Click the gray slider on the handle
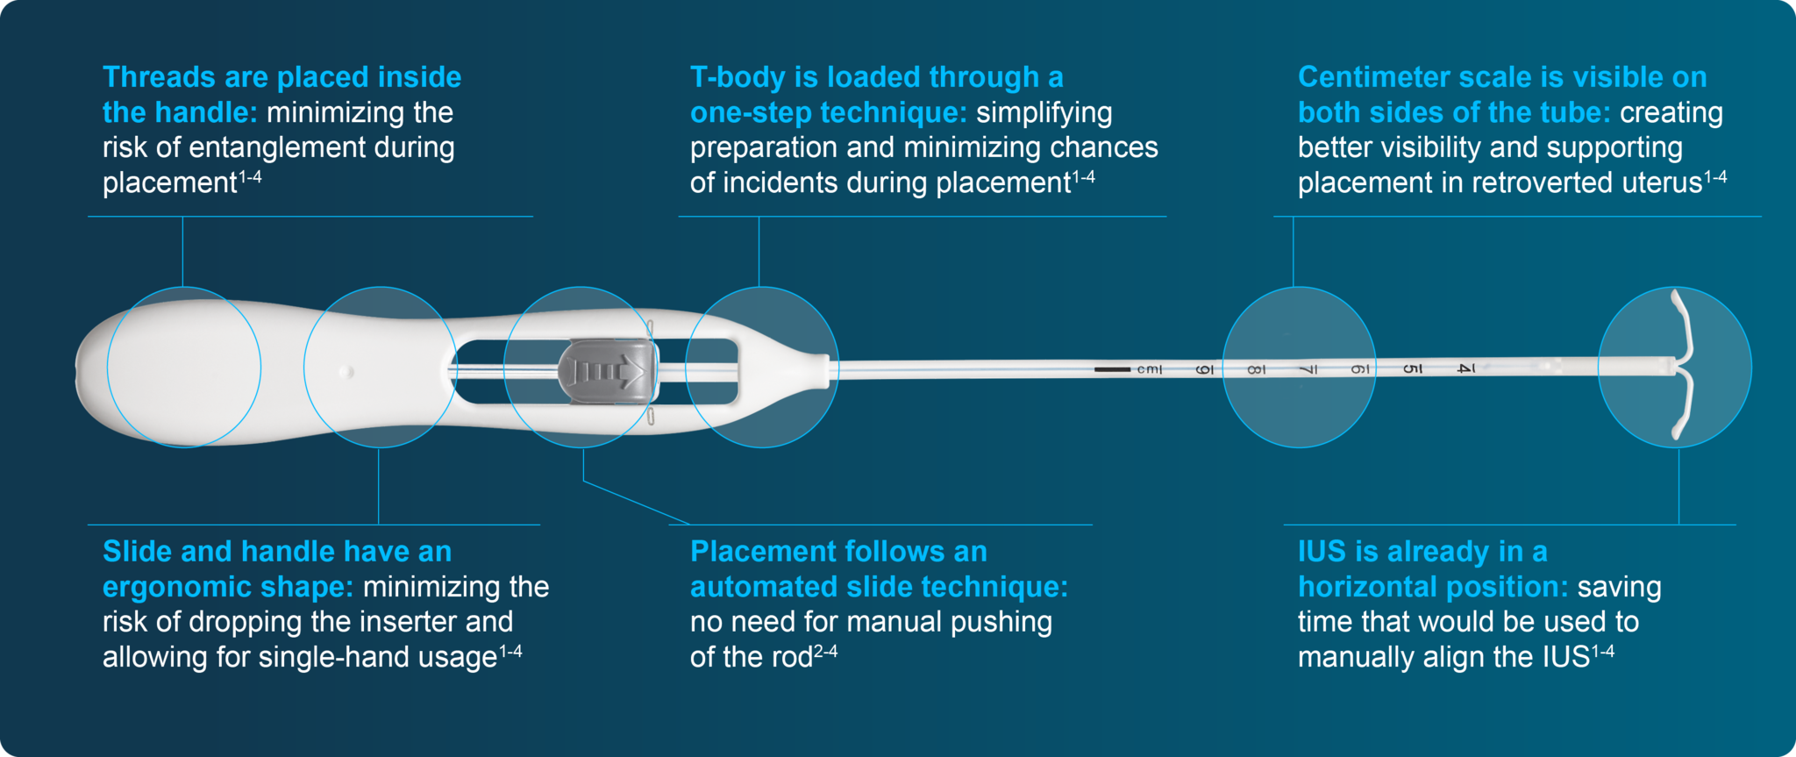point(608,372)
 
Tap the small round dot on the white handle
point(346,372)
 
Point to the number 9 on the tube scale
point(1205,370)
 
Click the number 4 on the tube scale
point(1465,368)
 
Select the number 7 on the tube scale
point(1308,370)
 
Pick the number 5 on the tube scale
point(1411,368)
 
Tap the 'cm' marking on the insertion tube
point(1149,370)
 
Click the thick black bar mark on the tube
point(1112,369)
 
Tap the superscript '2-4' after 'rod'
point(825,651)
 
